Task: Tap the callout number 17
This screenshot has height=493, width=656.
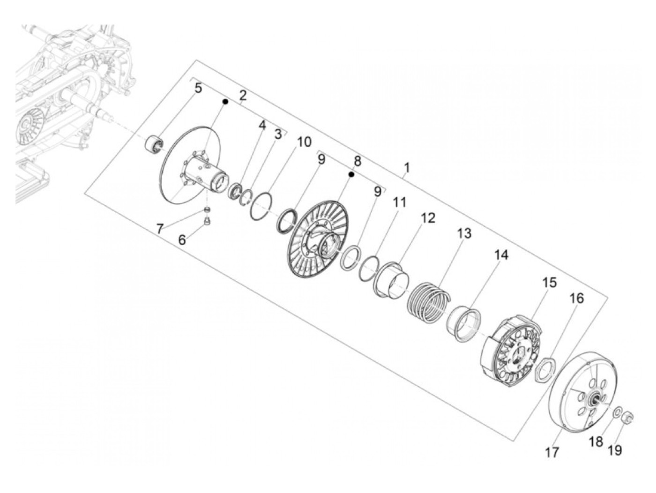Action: click(x=552, y=453)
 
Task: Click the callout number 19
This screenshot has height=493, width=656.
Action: click(x=615, y=450)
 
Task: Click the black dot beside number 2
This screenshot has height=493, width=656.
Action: click(x=225, y=101)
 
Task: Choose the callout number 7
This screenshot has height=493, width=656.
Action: click(x=160, y=229)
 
